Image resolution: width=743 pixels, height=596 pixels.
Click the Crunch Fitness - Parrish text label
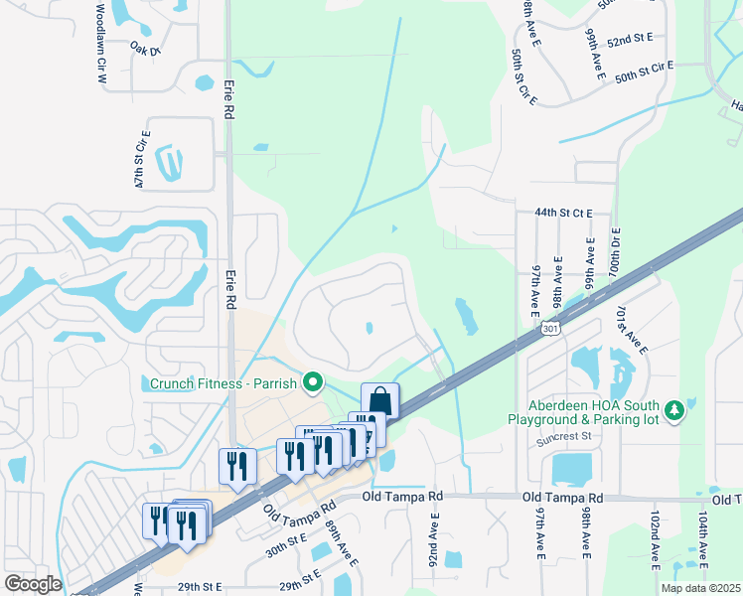point(225,382)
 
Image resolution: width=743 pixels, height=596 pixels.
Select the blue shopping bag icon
point(379,400)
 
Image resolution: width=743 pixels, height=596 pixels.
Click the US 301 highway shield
point(552,326)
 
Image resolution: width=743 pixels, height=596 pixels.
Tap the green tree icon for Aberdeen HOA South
point(675,410)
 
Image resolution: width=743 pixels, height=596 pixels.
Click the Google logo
point(33,584)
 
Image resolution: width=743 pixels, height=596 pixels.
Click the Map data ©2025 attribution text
point(700,588)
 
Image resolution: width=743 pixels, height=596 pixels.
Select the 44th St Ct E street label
point(563,213)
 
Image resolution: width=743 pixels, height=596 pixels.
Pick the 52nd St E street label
point(630,39)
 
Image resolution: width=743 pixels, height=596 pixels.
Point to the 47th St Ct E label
point(144,159)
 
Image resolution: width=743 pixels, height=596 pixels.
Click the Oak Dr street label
point(145,47)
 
